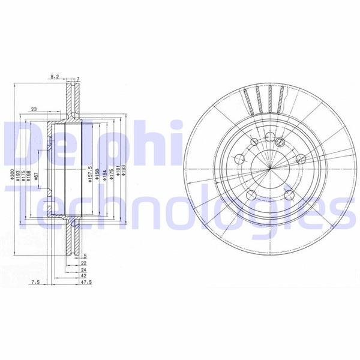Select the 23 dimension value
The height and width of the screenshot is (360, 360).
click(34, 109)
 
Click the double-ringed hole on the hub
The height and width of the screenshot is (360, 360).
click(280, 142)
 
